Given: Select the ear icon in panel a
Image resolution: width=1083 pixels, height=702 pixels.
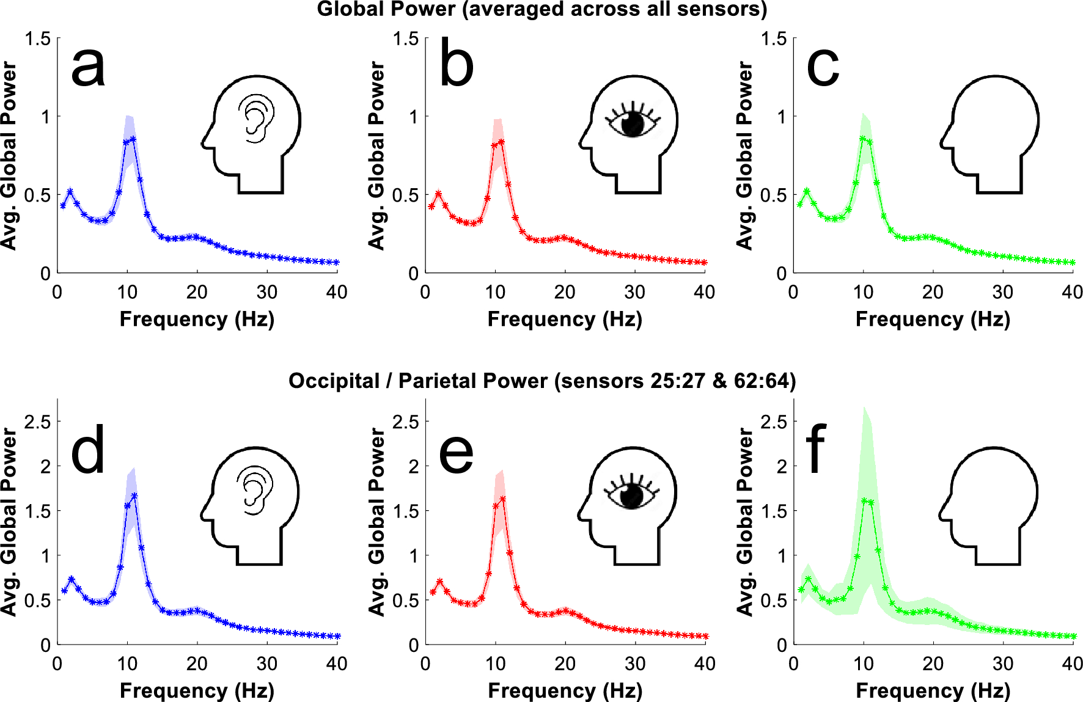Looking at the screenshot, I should coord(256,118).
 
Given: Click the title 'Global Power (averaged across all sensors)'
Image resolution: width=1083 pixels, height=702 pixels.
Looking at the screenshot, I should coord(541,9).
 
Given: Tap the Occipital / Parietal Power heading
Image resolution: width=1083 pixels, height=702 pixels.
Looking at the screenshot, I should coord(541,381).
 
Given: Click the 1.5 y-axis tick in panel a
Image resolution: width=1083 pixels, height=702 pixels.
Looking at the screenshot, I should coord(38,39).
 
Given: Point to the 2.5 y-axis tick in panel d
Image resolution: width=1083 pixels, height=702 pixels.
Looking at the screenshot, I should coord(38,422).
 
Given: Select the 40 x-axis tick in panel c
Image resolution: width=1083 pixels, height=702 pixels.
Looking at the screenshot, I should coord(1072,292).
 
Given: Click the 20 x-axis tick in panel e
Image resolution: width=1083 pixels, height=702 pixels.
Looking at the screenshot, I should coord(565,664).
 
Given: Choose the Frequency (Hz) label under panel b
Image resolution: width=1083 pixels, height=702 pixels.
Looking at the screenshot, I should coord(565,319).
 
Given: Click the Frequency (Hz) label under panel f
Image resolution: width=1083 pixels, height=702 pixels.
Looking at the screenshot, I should coord(933,690).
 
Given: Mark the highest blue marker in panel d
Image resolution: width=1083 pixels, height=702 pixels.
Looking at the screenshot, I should coord(134,495).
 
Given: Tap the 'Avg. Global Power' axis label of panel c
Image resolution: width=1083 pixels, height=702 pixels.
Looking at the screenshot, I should coord(744,155).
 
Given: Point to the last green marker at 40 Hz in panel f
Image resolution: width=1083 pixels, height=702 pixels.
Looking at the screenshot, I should coord(1073,636).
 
